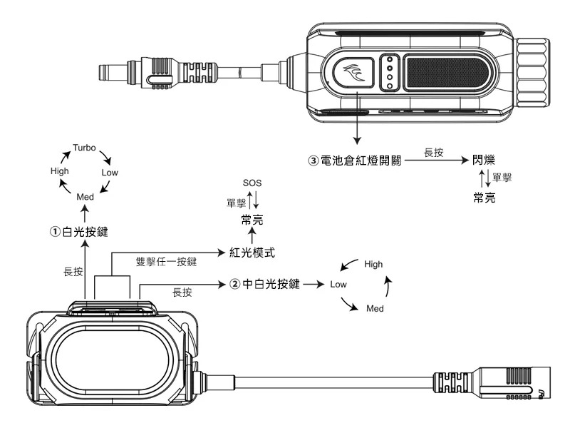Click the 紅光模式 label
pyautogui.click(x=252, y=253)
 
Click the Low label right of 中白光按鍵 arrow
pyautogui.click(x=338, y=284)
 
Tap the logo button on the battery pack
pyautogui.click(x=355, y=73)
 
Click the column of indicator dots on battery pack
pyautogui.click(x=389, y=73)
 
